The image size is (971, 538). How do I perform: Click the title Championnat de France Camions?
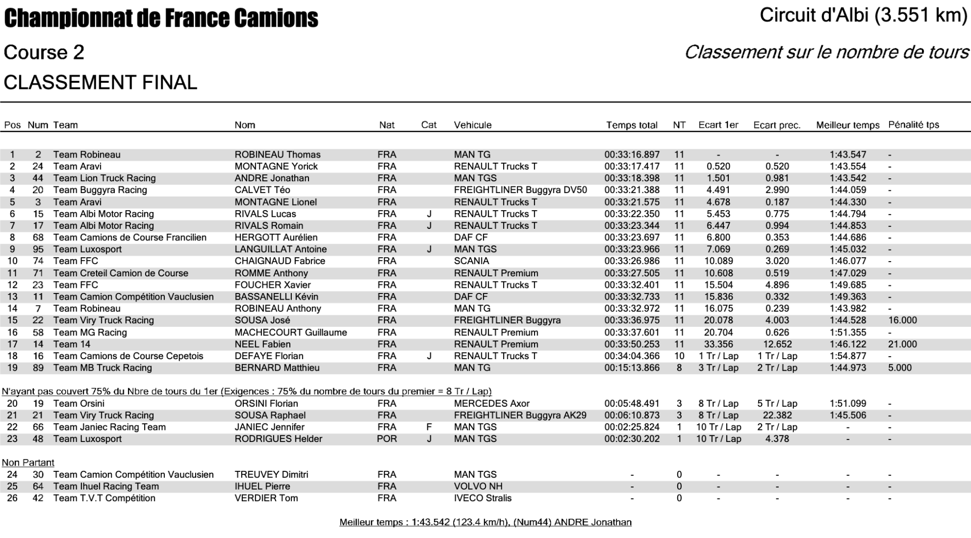point(161,19)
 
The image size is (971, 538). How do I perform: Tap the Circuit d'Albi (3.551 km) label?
point(863,16)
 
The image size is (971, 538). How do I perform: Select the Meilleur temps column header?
point(848,125)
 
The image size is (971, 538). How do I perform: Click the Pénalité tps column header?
point(913,125)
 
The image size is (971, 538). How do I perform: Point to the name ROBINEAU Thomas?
point(277,155)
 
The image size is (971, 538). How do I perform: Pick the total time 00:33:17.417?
point(632,166)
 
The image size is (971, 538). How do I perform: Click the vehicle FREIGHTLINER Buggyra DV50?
point(520,190)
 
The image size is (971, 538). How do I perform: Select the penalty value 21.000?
point(902,344)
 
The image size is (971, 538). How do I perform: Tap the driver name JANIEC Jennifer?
point(270,427)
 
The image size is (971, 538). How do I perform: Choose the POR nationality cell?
point(387,438)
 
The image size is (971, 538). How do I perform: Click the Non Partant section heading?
point(28,463)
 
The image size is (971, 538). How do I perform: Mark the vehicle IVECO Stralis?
point(482,498)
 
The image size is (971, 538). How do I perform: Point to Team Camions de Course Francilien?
point(129,237)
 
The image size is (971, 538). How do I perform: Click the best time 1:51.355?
point(848,332)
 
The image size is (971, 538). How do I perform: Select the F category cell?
point(429,427)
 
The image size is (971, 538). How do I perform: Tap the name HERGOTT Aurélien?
point(276,237)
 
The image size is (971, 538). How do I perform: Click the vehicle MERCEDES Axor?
point(492,404)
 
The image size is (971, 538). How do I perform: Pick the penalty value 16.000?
point(902,320)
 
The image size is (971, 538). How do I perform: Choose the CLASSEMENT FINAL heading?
point(100,82)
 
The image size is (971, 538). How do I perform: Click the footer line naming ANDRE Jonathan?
point(485,522)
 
